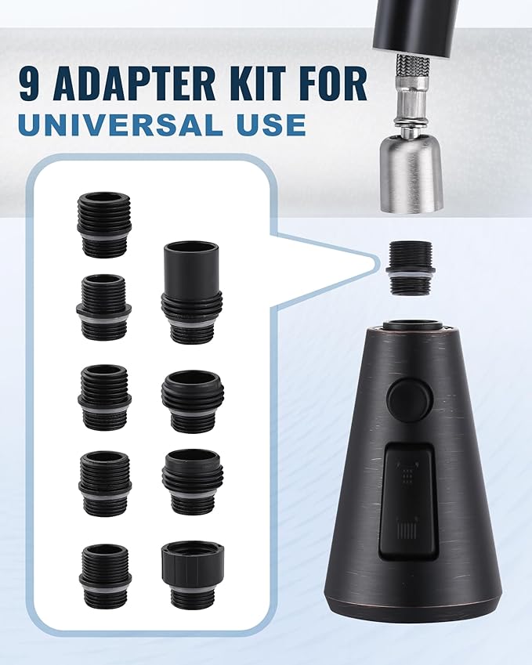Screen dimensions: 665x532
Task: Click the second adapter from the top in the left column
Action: pyautogui.click(x=103, y=306)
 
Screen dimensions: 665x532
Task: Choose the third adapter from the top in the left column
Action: pyautogui.click(x=104, y=396)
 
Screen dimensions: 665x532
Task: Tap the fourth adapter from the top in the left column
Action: pyautogui.click(x=104, y=482)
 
